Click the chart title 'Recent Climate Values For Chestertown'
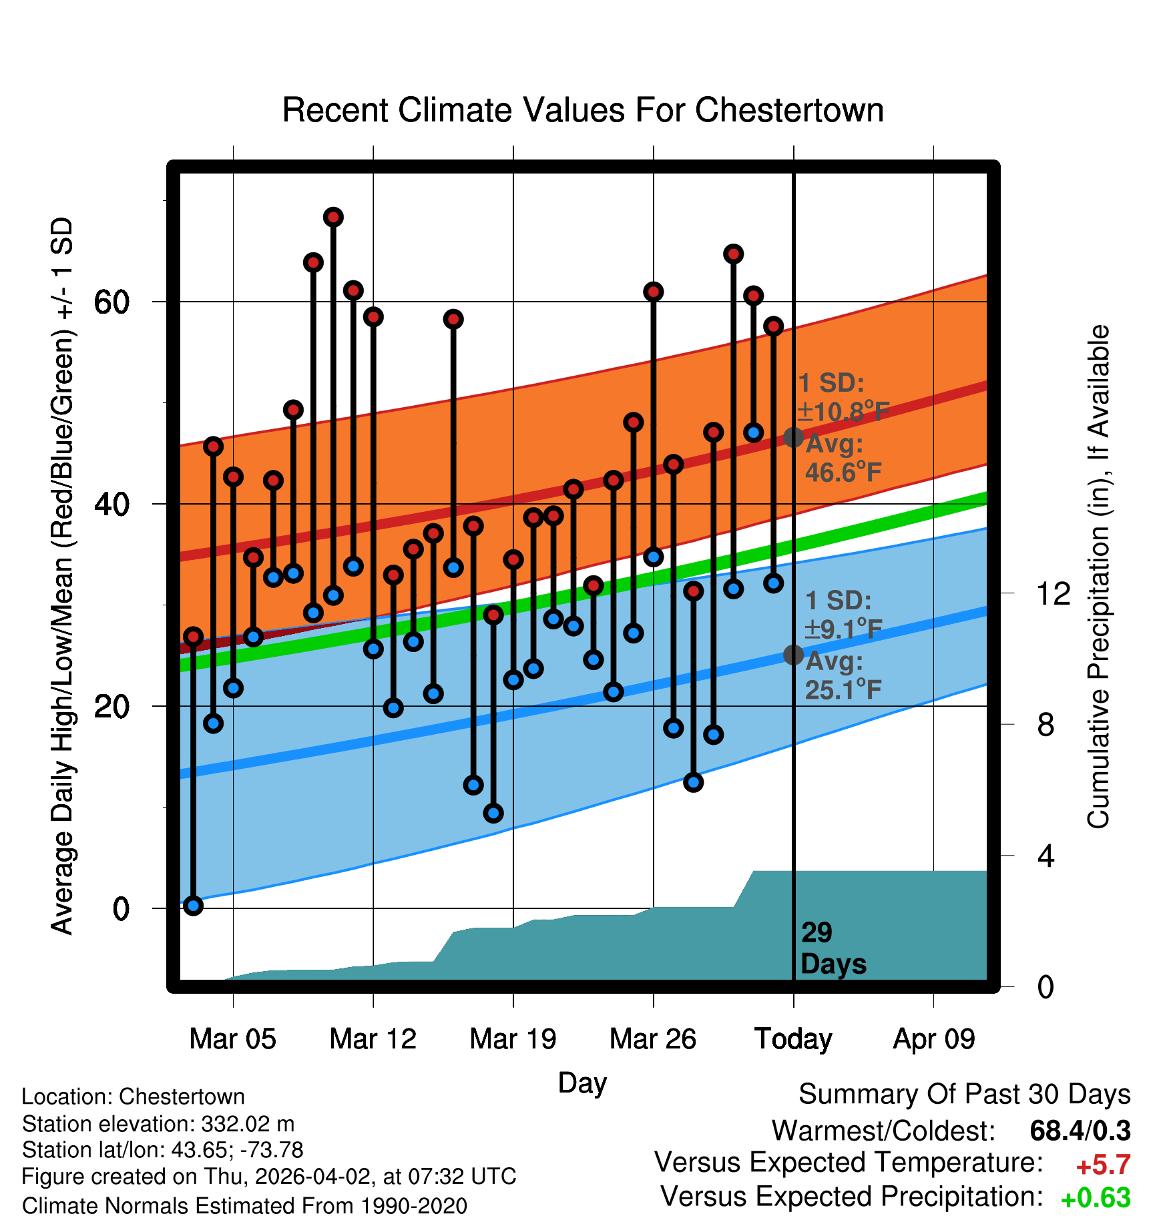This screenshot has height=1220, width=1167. [x=583, y=110]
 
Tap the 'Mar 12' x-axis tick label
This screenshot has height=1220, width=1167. [x=373, y=1039]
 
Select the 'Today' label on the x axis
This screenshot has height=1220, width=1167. [x=793, y=1039]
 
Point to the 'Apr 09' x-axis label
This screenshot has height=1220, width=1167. [x=934, y=1039]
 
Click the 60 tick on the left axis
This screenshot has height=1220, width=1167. [x=111, y=302]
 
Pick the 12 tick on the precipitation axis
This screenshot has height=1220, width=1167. [x=1054, y=593]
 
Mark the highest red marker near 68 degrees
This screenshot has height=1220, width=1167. [x=333, y=217]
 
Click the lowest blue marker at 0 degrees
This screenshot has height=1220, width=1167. [x=194, y=906]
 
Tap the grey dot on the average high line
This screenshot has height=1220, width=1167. [x=793, y=437]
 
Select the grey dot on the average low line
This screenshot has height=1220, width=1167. [x=793, y=655]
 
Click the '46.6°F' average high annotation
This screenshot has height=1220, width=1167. [x=843, y=473]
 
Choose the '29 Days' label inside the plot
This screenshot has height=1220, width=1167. [x=833, y=948]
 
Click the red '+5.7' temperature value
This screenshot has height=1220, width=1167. [x=1103, y=1165]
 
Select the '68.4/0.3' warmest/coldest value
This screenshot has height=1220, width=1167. [x=1080, y=1131]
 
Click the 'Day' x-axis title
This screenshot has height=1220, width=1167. [x=582, y=1083]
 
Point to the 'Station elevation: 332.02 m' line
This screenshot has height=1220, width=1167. [x=158, y=1124]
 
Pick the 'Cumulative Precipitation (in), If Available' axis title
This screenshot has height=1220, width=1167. [x=1098, y=577]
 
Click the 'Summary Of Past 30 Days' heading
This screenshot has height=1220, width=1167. [x=964, y=1095]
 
